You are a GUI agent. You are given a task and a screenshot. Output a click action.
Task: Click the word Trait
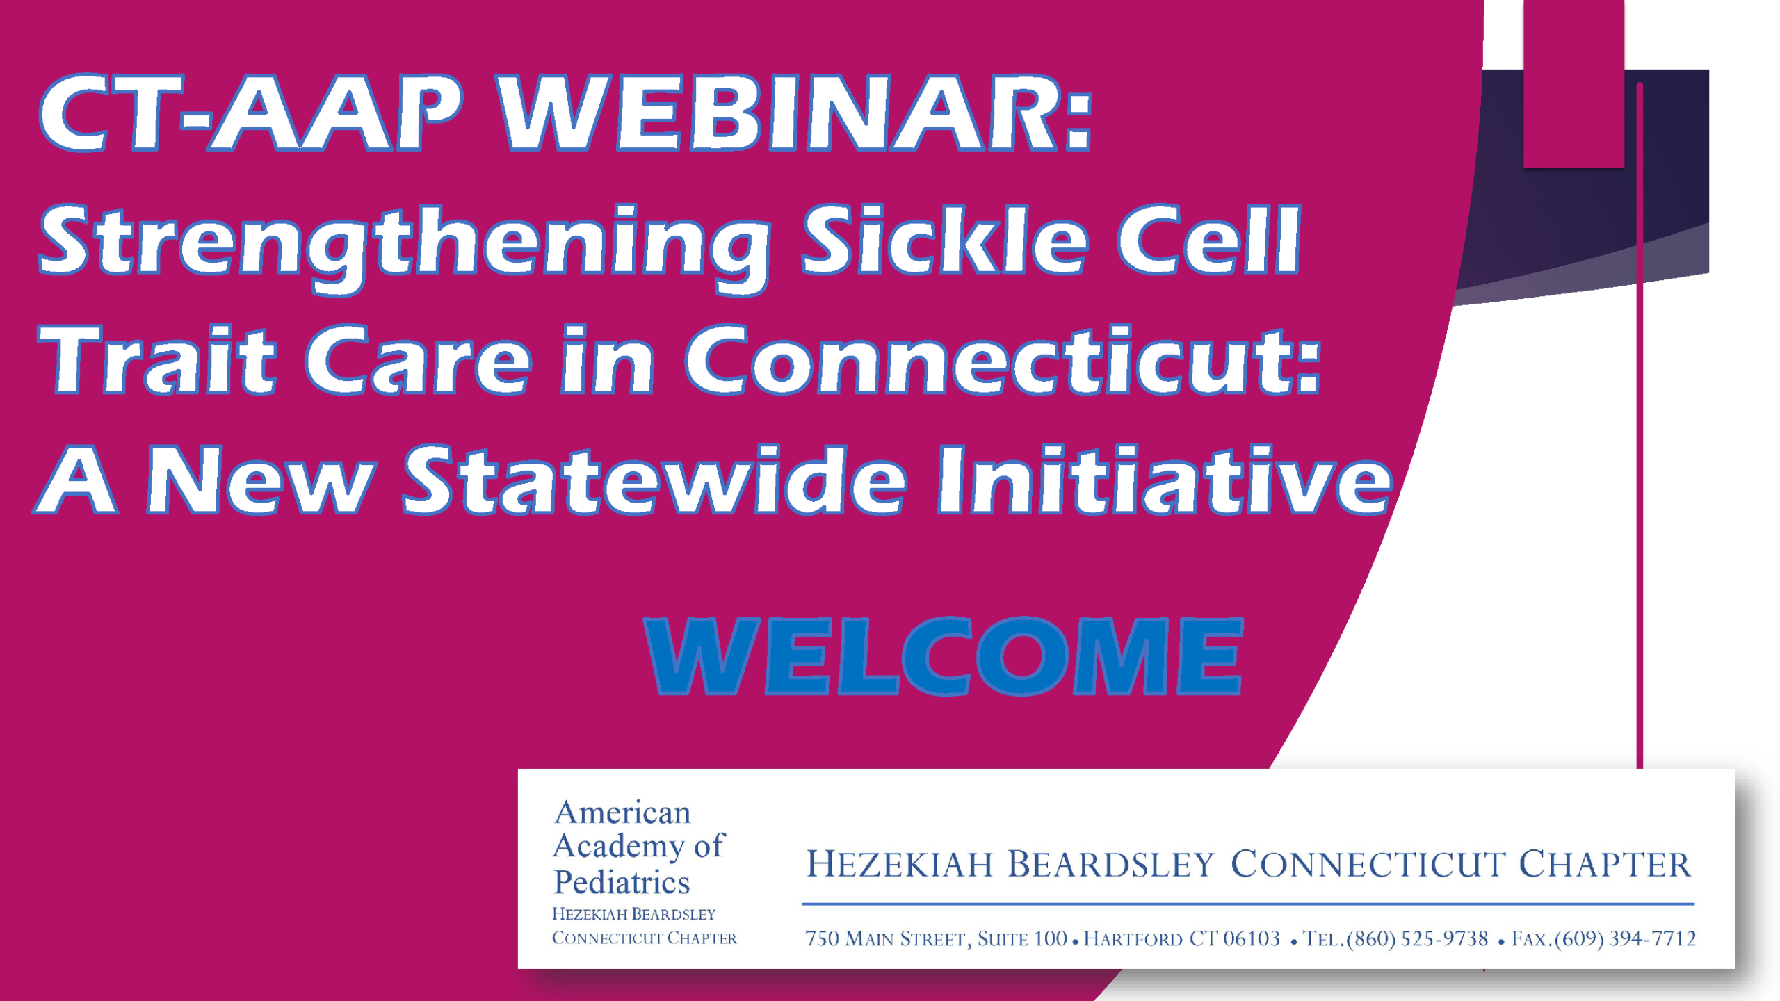(x=157, y=360)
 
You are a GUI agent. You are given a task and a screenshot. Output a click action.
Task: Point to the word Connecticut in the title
(x=1003, y=360)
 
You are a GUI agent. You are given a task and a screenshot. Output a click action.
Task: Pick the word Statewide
(x=655, y=480)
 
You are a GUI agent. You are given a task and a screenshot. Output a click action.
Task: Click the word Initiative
(x=1165, y=480)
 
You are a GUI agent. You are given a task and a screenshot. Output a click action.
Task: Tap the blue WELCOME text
(x=944, y=656)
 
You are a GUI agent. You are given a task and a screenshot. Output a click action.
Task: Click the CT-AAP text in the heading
(x=251, y=113)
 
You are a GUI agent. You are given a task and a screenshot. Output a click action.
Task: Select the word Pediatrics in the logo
(x=622, y=882)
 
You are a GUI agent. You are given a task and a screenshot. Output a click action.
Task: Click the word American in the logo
(x=622, y=813)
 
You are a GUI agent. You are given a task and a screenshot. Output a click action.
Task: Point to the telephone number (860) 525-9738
(x=1417, y=938)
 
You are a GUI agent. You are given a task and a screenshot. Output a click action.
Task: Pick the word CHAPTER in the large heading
(x=1604, y=864)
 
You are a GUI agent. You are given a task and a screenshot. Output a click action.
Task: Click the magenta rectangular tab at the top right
(x=1573, y=83)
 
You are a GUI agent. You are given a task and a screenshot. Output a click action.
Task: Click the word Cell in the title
(x=1208, y=239)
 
